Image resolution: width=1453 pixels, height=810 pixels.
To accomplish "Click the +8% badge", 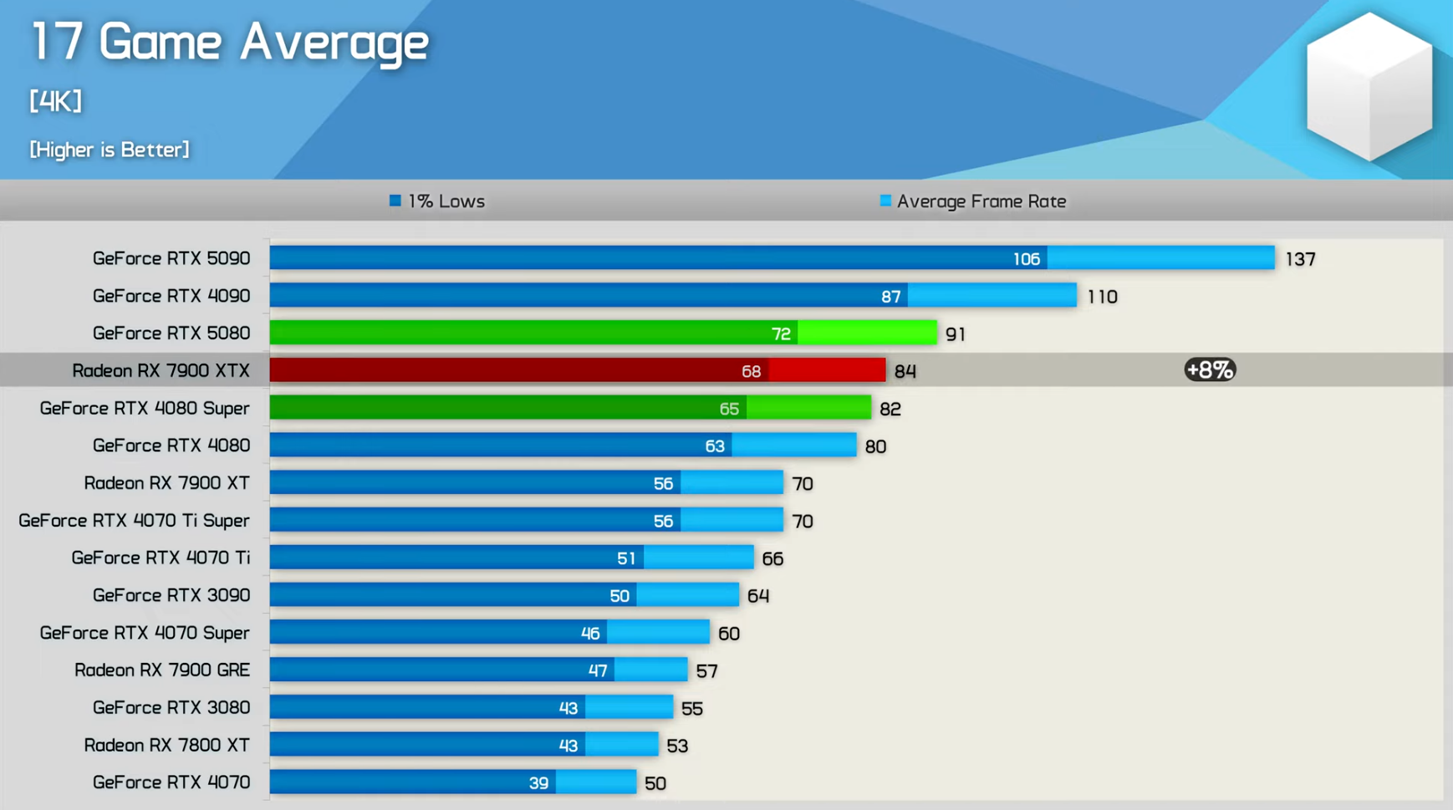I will (x=1210, y=369).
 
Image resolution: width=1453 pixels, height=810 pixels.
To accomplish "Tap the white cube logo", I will (x=1369, y=87).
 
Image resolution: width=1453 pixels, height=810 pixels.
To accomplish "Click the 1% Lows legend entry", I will (x=437, y=201).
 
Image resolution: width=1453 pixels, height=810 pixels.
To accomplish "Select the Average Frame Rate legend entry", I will (x=973, y=201).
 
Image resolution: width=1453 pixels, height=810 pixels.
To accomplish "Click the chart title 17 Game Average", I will (x=230, y=42).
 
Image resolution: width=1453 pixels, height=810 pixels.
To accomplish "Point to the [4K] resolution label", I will (x=56, y=101).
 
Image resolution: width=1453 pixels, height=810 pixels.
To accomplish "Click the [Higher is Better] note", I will (x=110, y=150).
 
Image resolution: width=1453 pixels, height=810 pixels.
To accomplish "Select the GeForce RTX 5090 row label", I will (x=171, y=258).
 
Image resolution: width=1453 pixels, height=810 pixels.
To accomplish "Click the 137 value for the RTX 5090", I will (x=1300, y=259).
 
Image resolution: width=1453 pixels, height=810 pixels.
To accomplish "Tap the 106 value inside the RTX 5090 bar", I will (x=1026, y=259).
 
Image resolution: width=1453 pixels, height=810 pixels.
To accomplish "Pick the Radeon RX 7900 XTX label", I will (x=161, y=370).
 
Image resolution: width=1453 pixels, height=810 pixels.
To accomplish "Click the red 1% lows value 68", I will (x=751, y=371).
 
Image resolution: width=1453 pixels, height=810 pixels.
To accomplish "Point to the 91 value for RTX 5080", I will (x=956, y=334).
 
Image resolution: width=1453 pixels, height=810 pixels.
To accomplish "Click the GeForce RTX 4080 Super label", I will (x=145, y=408).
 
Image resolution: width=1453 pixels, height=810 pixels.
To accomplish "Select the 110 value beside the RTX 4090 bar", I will (x=1102, y=297).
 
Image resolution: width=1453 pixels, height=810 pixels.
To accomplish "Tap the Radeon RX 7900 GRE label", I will (x=162, y=670).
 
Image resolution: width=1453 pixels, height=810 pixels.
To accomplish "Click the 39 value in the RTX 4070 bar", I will (x=538, y=783).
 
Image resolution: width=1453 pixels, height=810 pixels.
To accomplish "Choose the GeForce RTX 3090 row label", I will (x=171, y=595).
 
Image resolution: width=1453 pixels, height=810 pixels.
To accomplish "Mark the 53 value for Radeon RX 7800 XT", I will (x=677, y=746).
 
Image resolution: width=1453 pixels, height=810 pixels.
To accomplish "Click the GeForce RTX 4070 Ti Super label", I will (x=134, y=521).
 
